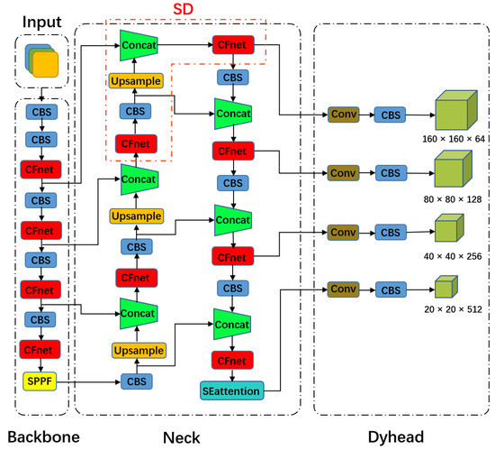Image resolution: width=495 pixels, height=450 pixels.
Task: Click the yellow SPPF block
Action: [x=38, y=381]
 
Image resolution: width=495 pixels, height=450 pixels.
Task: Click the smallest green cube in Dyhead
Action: [x=443, y=289]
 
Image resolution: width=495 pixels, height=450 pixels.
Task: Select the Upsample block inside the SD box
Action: [x=136, y=81]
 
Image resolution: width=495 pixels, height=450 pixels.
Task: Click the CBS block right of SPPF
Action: [x=136, y=381]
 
